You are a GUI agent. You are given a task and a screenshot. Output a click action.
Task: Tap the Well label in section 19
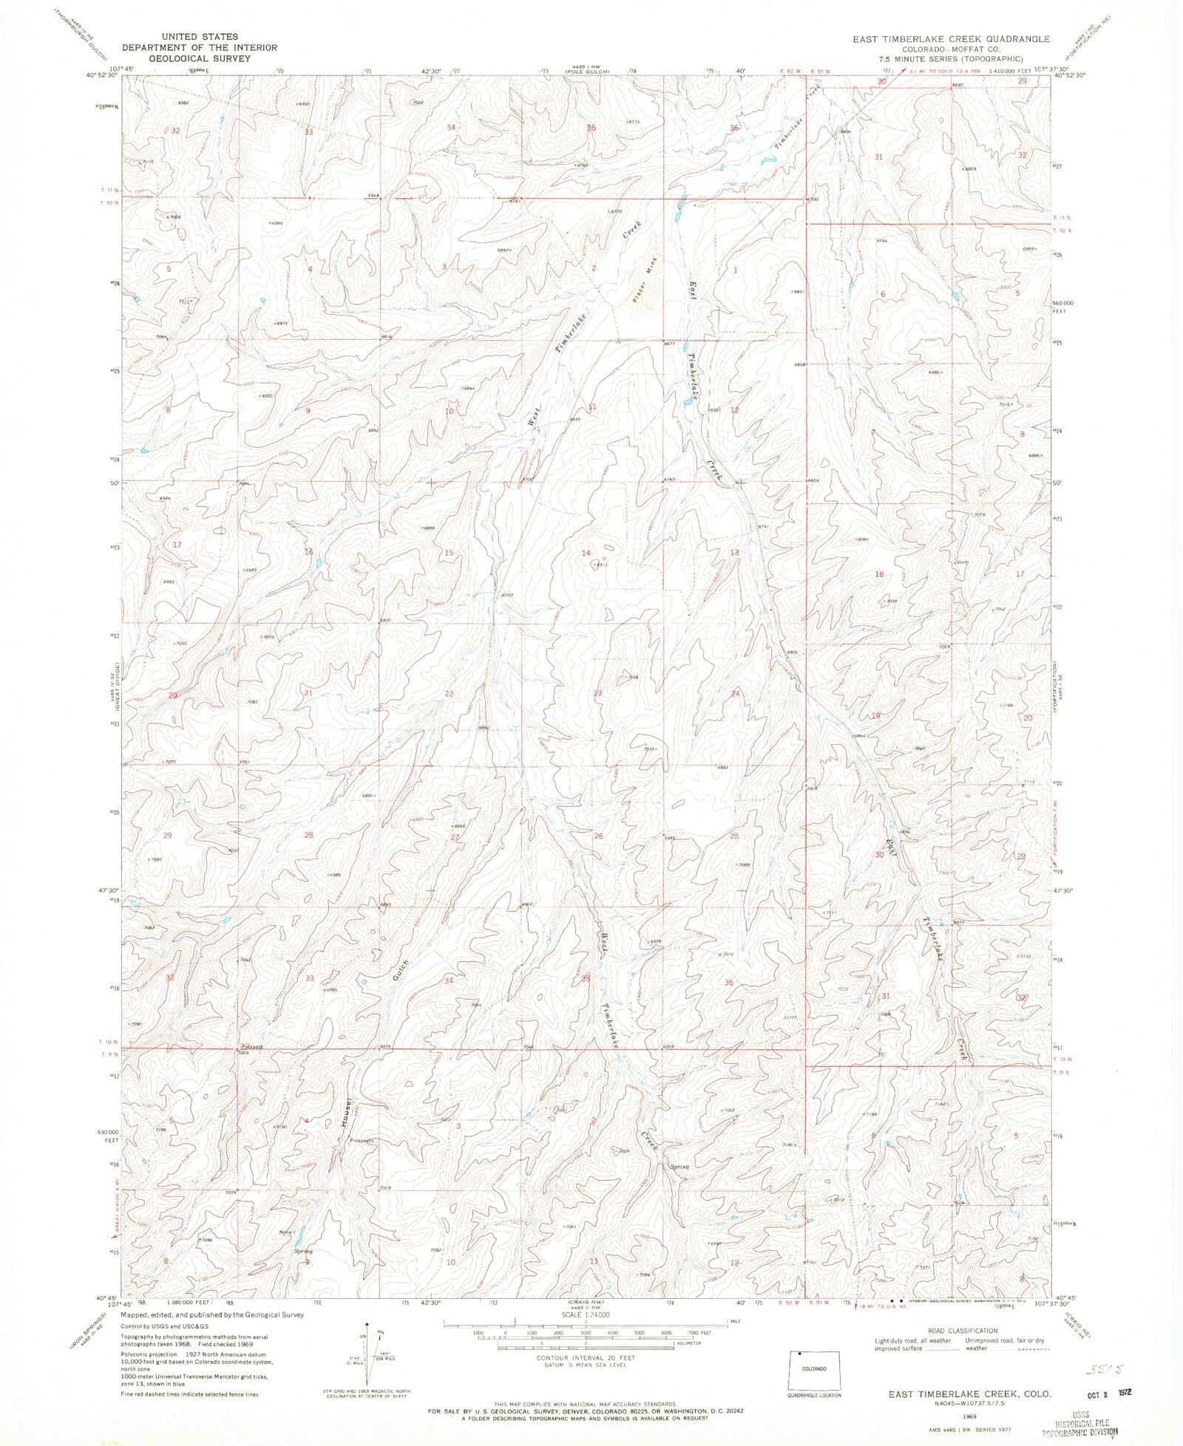click(921, 748)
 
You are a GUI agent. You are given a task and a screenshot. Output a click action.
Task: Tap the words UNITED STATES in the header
click(200, 36)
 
